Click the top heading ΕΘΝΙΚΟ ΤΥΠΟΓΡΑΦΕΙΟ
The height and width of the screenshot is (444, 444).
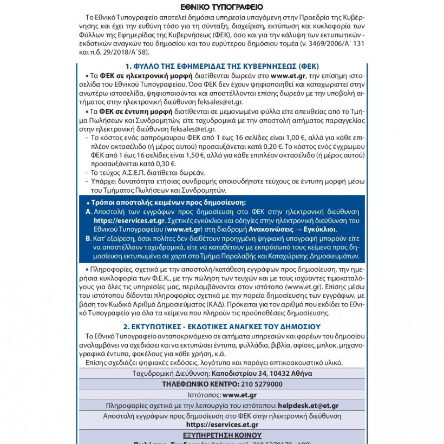tap(221, 7)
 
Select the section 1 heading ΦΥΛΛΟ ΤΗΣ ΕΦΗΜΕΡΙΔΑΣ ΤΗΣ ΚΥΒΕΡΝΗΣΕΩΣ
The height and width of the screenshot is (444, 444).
tap(221, 65)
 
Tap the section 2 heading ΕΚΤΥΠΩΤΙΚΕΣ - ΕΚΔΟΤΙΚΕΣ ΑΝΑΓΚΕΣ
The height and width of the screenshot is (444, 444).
tap(221, 327)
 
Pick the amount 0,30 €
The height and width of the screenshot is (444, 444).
tap(165, 163)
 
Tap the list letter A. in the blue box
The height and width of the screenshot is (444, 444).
tap(89, 212)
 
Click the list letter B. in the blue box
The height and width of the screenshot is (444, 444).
tap(89, 238)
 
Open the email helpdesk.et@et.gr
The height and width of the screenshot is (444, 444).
tap(308, 405)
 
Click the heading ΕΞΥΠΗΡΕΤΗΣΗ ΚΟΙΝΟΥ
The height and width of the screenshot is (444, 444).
tap(221, 435)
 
